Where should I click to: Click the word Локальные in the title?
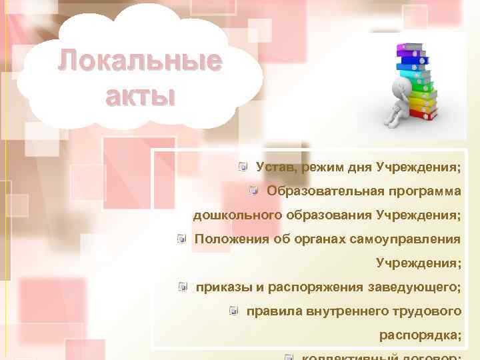click(139, 61)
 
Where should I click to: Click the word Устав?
click(275, 166)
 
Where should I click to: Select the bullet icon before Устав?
click(245, 166)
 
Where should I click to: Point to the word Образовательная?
click(323, 191)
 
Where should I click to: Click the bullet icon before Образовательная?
click(253, 191)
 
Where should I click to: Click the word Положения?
click(231, 239)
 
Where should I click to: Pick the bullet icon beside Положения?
click(181, 239)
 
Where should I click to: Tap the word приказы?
click(222, 287)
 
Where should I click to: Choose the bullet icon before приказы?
click(182, 287)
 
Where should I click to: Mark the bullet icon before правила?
click(233, 311)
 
